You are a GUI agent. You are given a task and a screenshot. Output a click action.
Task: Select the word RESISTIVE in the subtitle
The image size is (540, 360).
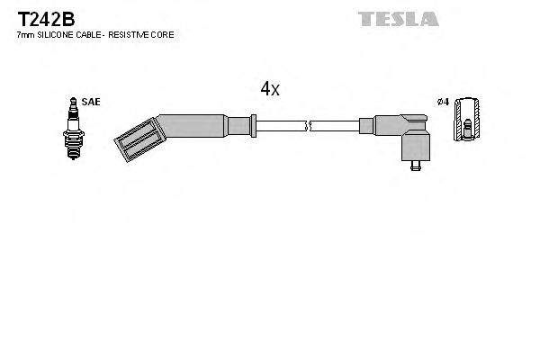[x=132, y=34]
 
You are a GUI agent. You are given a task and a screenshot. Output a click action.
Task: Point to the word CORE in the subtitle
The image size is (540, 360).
[x=163, y=34]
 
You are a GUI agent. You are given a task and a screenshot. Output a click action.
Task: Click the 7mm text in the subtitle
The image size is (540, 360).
[x=25, y=34]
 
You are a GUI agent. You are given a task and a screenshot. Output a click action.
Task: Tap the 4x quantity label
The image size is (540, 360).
[x=270, y=88]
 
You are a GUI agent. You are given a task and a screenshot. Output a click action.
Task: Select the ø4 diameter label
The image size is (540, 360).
[x=441, y=103]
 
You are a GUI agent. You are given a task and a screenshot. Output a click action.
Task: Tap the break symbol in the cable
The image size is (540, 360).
[x=308, y=125]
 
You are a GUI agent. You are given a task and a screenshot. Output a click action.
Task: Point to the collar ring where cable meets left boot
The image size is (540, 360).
[x=255, y=125]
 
